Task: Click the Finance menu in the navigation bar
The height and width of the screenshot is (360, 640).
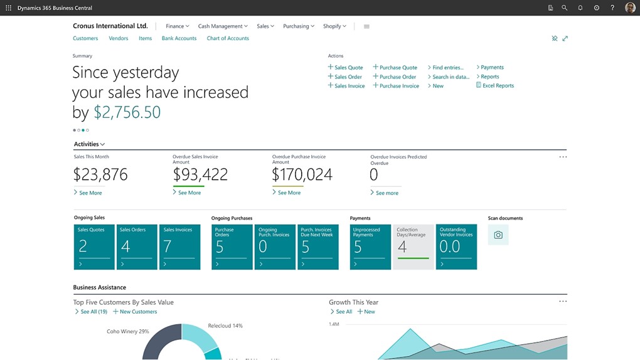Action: (177, 26)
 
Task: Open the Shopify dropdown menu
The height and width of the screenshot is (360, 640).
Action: (334, 26)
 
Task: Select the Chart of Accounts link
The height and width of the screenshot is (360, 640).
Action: (228, 38)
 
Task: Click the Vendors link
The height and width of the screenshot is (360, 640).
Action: (119, 38)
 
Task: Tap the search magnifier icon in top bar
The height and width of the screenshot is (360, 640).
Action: (564, 8)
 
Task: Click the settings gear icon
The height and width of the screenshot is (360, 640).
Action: (596, 8)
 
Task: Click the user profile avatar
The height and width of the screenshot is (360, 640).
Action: (630, 8)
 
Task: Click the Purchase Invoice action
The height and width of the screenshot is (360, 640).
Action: (398, 86)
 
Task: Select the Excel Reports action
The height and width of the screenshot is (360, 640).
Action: (498, 85)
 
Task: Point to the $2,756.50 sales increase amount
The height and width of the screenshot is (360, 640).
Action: (127, 112)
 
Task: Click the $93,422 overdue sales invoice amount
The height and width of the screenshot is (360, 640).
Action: (200, 174)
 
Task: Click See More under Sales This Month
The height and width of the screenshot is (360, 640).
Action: (90, 193)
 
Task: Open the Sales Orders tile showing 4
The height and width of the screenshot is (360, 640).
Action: (137, 247)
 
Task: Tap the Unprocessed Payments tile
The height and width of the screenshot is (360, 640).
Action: (370, 247)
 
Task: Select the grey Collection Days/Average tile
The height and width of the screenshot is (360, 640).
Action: (413, 247)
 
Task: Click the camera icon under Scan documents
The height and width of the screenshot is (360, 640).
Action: (498, 235)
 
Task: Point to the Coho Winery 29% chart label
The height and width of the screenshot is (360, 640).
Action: (128, 331)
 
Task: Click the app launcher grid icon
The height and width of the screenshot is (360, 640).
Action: (8, 8)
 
